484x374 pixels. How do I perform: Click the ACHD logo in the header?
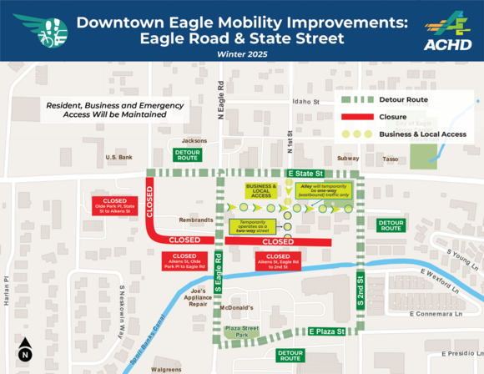[446, 31]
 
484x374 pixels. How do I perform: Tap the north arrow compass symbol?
[24, 349]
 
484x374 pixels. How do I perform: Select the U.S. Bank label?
[119, 157]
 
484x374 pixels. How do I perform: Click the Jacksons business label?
[194, 140]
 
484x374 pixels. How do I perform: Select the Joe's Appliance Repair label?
[197, 299]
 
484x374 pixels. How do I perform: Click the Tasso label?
[391, 158]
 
